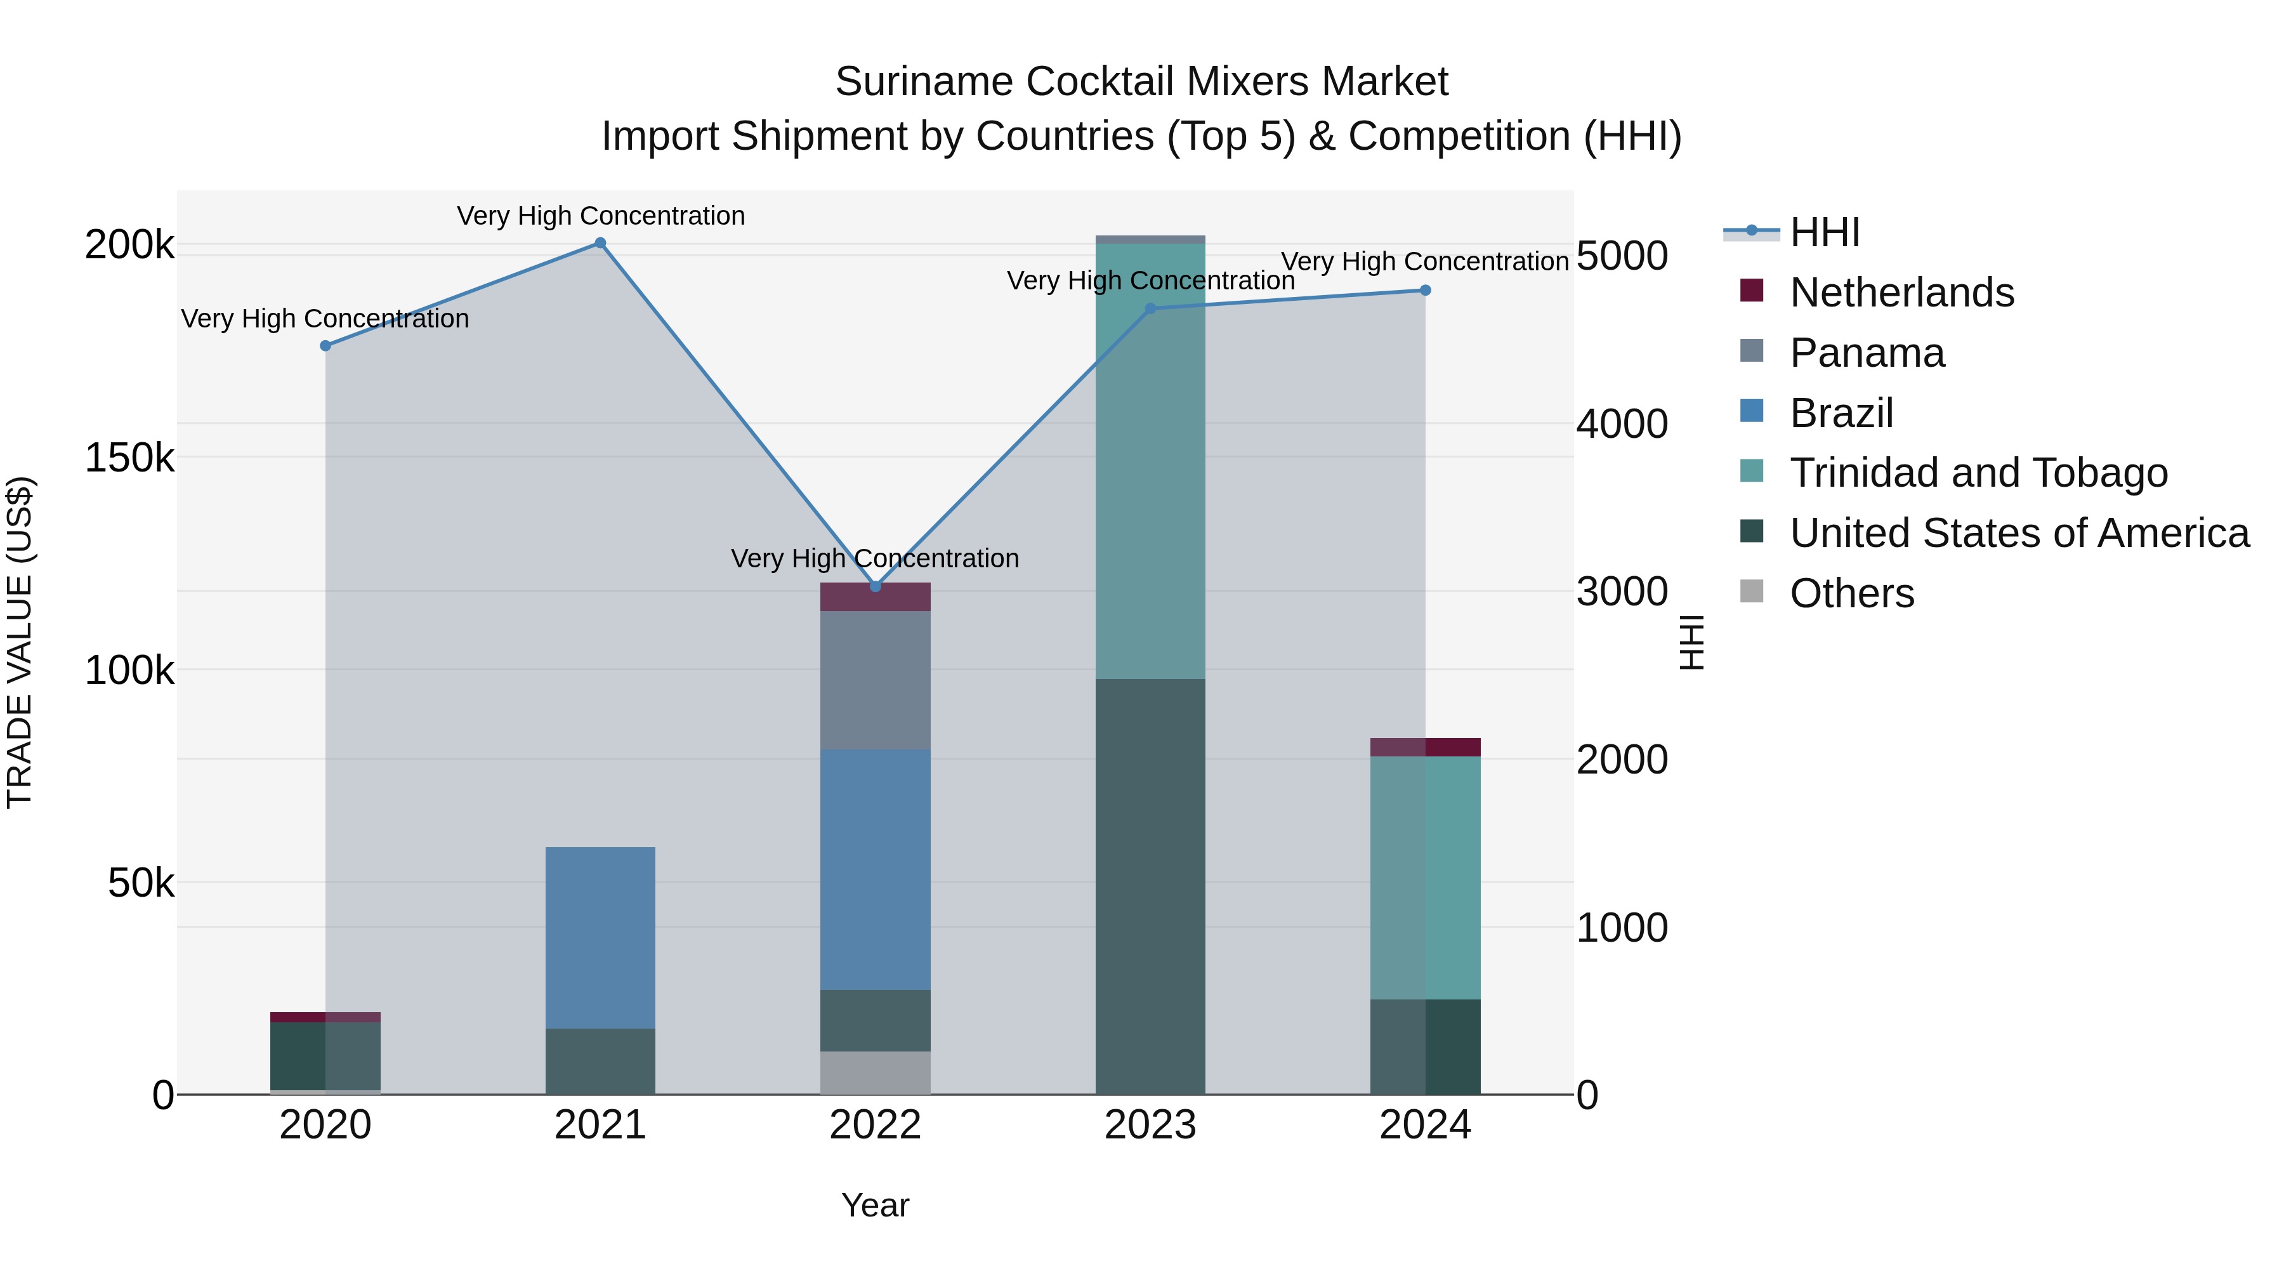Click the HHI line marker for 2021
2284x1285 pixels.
(x=600, y=243)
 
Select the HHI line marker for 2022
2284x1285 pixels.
(x=875, y=586)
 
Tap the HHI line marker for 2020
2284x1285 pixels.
(x=325, y=346)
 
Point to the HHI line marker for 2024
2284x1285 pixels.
(x=1425, y=290)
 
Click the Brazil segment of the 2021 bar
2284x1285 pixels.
(x=600, y=937)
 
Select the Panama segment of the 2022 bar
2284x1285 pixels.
(x=875, y=680)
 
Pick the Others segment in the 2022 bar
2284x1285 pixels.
(x=875, y=1072)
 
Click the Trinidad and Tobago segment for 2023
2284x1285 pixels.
(x=1150, y=461)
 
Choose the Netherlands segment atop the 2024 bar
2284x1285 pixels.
(x=1425, y=747)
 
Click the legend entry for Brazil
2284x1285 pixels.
(x=1841, y=413)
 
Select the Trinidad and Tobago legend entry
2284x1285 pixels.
(x=1977, y=473)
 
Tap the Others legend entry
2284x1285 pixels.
(x=1851, y=593)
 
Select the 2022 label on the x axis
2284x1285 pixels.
(x=875, y=1125)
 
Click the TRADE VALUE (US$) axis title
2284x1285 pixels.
(x=20, y=642)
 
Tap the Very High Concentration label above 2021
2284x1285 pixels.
(x=600, y=216)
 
